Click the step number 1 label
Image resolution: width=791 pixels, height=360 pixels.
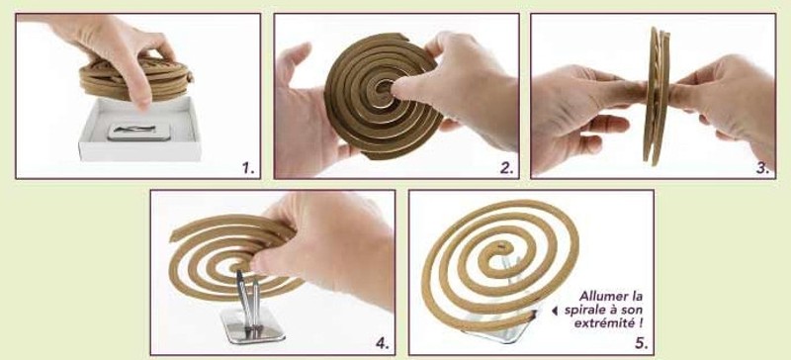[248, 168]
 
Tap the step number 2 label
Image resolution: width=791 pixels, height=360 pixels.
[506, 168]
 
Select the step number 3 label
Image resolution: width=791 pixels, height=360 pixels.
[762, 169]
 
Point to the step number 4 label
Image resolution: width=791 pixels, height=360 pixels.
[383, 343]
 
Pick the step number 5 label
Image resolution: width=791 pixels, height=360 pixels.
[641, 344]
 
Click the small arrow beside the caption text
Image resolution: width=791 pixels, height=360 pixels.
[555, 311]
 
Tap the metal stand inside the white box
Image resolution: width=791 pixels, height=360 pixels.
[138, 132]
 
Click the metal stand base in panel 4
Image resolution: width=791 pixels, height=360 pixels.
[252, 326]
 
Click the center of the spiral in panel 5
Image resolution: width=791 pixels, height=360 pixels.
[500, 249]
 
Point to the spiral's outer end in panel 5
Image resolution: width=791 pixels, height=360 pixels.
[533, 316]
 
